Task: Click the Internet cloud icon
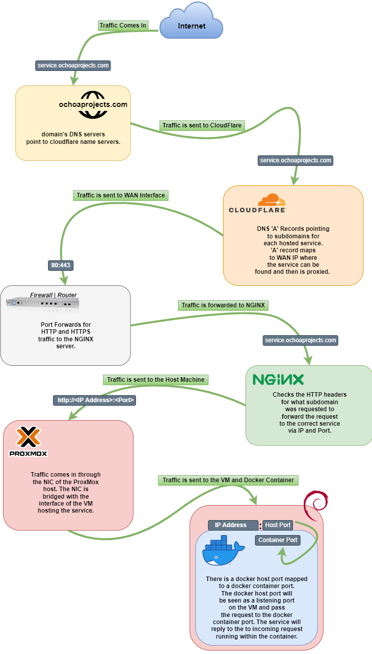click(191, 21)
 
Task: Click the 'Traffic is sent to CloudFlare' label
click(202, 126)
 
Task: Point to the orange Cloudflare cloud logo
click(271, 200)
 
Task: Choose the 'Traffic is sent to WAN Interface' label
click(120, 195)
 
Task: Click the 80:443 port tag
click(61, 265)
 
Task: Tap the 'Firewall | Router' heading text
click(53, 295)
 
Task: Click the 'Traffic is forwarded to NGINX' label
click(222, 305)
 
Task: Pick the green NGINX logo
click(278, 379)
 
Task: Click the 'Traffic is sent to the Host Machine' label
click(155, 380)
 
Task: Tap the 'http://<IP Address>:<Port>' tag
click(94, 400)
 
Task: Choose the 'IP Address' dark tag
click(230, 525)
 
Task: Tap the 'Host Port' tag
click(277, 525)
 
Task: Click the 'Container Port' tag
click(277, 540)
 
